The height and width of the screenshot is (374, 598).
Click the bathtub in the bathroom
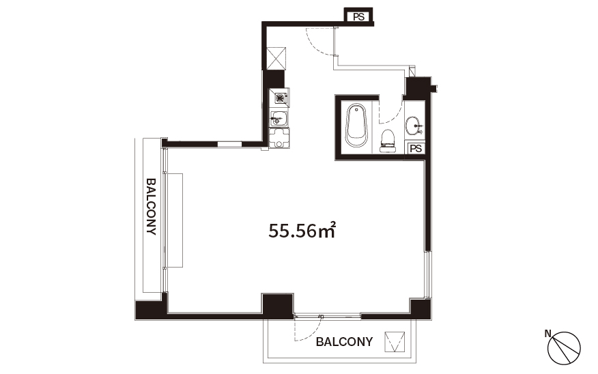click(x=356, y=125)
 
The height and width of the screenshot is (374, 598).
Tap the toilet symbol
click(x=388, y=141)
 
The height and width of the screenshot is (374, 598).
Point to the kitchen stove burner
click(x=280, y=98)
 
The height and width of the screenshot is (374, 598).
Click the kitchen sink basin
click(x=279, y=119)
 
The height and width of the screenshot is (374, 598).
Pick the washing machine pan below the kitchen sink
click(x=279, y=138)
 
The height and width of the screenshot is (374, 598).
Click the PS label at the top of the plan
click(x=358, y=17)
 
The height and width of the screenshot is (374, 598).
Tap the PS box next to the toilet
click(x=416, y=148)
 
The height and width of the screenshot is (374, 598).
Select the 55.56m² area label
click(x=302, y=231)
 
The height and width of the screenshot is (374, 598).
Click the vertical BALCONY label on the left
click(x=152, y=206)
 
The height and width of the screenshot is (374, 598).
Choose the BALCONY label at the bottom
click(x=344, y=342)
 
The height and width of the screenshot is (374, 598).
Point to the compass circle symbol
click(x=564, y=347)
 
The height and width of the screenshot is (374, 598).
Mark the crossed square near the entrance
click(x=276, y=58)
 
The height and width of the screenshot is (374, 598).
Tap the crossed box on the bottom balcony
click(x=395, y=342)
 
